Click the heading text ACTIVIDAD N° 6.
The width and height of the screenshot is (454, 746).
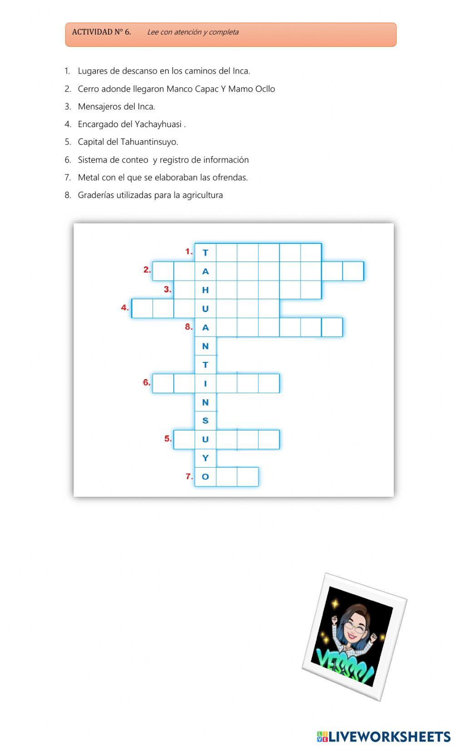click(x=101, y=32)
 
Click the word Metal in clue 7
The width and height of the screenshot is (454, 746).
click(x=89, y=177)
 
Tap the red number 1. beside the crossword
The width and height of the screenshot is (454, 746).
click(x=189, y=251)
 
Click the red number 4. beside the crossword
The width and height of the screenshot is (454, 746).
click(x=125, y=307)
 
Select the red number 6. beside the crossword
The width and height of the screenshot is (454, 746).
click(x=147, y=382)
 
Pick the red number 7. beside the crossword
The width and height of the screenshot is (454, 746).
click(x=189, y=476)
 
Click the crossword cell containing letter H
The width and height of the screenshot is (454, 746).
click(x=205, y=290)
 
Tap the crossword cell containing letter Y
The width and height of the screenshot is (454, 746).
click(x=205, y=458)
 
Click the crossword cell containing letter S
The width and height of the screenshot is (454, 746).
click(x=205, y=420)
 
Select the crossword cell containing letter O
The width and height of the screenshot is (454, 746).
click(x=205, y=477)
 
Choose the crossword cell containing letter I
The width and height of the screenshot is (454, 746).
click(x=205, y=383)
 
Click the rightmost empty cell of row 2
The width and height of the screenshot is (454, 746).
click(x=353, y=271)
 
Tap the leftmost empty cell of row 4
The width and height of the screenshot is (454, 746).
click(x=142, y=308)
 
